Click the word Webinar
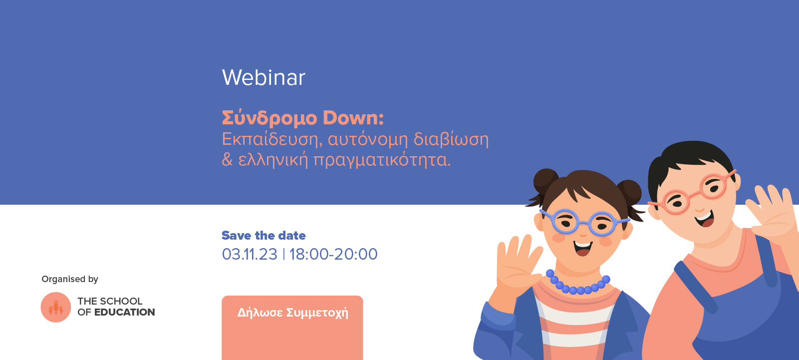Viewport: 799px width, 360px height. [263, 77]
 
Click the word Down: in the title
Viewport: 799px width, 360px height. [353, 118]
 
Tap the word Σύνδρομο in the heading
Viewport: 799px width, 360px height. [269, 118]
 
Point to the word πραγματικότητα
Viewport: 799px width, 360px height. [382, 160]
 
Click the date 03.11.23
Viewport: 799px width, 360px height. [250, 254]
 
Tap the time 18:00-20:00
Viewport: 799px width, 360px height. [333, 254]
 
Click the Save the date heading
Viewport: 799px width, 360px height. [264, 236]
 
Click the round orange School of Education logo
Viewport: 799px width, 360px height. [55, 307]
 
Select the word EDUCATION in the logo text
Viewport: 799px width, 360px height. [124, 312]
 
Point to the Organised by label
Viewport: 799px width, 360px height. [70, 279]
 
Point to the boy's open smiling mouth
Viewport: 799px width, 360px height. [704, 218]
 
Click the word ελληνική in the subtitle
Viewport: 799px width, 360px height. [273, 160]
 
